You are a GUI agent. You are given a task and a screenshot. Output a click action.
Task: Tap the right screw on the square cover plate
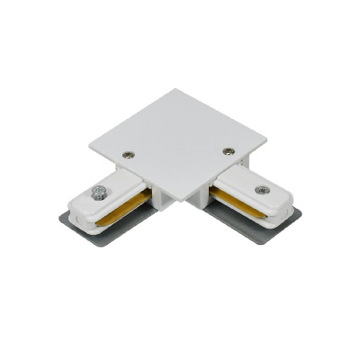(x=227, y=150)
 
